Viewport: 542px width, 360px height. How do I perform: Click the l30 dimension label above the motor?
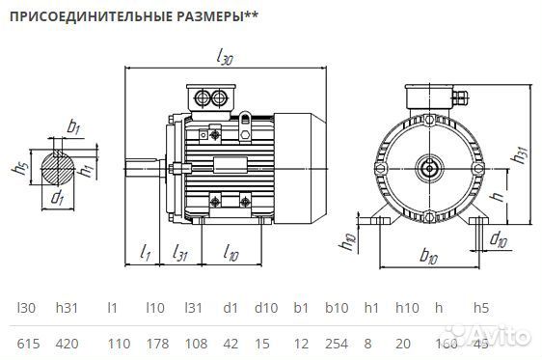[x=226, y=59]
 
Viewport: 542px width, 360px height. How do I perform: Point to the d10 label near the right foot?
[x=498, y=235]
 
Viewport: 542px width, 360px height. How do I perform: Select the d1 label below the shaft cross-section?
[x=58, y=199]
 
